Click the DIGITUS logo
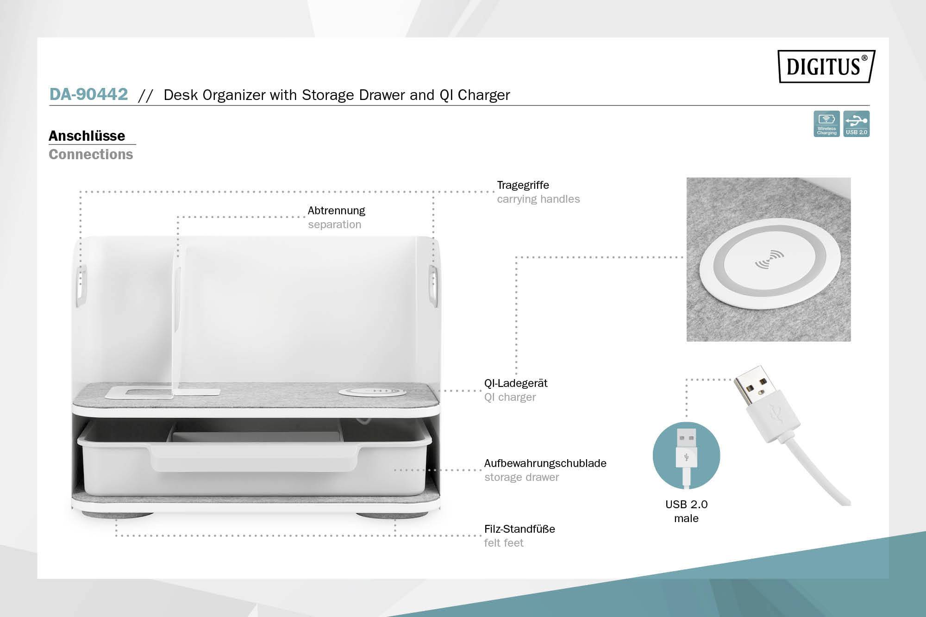[826, 66]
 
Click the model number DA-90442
[88, 94]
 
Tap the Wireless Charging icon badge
[826, 124]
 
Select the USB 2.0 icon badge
[856, 124]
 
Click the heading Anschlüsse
[87, 136]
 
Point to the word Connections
[91, 154]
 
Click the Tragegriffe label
[523, 185]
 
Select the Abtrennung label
[336, 211]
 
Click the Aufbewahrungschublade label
[545, 463]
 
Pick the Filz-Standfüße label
[519, 529]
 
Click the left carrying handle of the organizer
[81, 286]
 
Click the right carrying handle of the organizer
[433, 286]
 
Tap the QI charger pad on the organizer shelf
[372, 392]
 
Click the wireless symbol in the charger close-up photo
[769, 260]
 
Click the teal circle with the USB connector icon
[686, 455]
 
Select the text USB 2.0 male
[686, 511]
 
